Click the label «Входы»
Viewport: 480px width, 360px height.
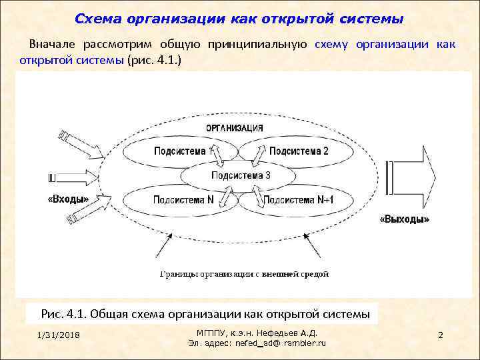(68, 199)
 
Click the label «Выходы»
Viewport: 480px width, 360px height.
(404, 218)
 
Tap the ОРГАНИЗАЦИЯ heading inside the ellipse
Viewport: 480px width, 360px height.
(233, 128)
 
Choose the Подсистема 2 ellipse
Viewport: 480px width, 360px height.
(299, 151)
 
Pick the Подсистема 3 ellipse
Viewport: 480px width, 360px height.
(240, 176)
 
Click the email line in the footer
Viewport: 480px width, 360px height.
(257, 343)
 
